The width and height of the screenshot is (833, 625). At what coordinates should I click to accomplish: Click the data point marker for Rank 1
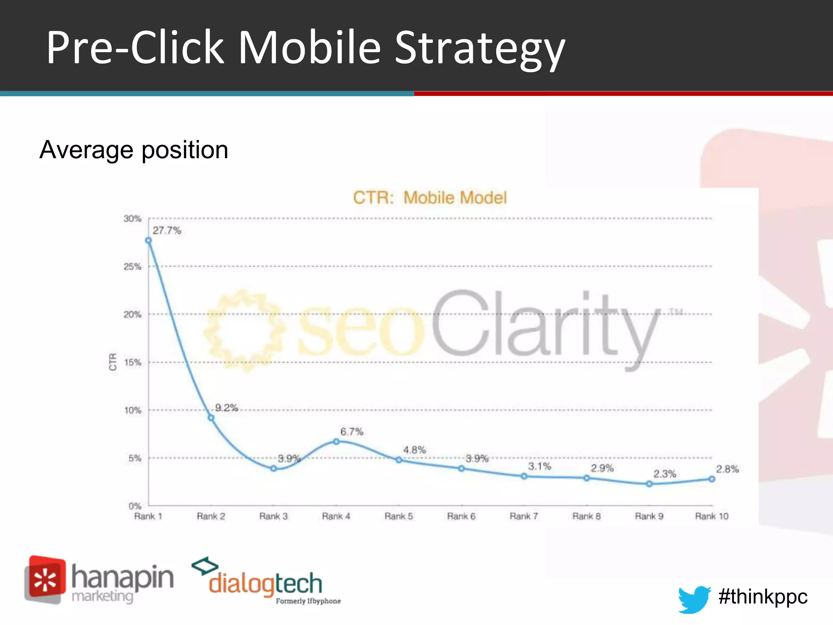148,240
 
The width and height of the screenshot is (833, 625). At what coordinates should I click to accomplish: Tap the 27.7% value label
167,231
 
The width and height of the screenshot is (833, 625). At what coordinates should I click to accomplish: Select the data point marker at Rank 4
336,441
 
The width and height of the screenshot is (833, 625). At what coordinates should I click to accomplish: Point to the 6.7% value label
352,432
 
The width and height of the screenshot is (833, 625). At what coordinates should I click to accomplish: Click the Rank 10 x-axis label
711,516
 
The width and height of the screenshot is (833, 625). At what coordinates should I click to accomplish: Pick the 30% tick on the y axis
132,219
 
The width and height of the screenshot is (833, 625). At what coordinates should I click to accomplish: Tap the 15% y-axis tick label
132,363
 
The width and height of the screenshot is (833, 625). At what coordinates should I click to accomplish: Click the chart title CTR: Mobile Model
430,198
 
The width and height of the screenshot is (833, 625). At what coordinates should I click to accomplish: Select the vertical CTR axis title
113,362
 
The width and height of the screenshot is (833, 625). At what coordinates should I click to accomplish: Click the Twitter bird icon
694,599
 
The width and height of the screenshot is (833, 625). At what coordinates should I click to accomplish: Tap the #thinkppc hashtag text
763,597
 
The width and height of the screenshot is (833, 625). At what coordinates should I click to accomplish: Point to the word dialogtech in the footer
265,584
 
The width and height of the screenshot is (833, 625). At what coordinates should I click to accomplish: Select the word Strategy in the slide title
480,48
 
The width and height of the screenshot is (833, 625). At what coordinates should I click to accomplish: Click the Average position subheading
134,150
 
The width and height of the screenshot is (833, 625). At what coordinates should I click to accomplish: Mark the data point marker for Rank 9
649,484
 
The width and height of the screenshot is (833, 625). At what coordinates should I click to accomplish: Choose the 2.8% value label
727,469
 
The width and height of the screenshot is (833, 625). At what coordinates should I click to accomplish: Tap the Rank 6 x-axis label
461,516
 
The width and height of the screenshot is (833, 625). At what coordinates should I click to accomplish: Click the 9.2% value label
226,408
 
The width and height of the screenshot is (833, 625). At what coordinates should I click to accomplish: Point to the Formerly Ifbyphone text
308,601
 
